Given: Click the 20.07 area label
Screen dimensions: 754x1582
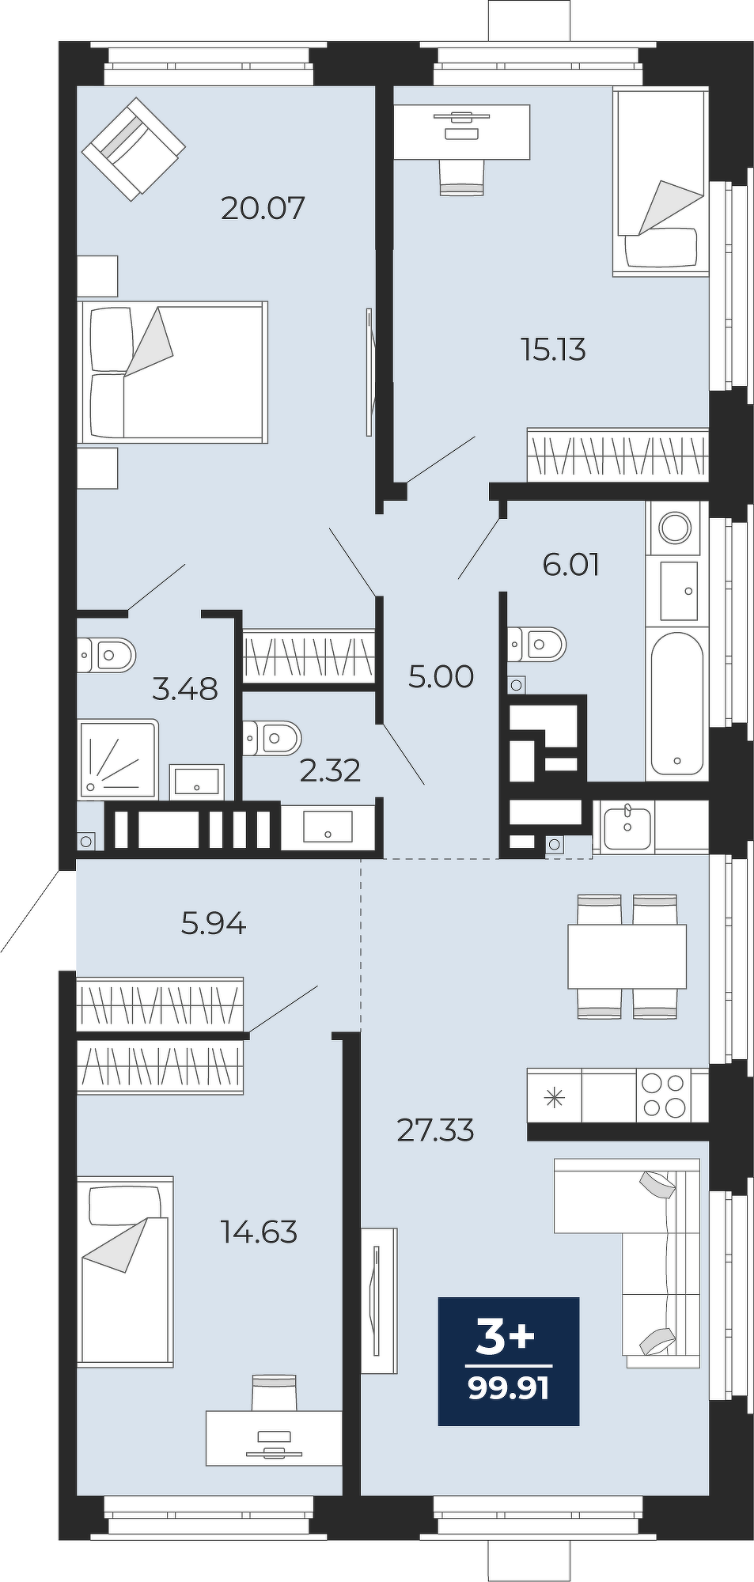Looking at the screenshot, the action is coord(263,208).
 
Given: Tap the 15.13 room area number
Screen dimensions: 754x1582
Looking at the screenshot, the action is coord(553,349).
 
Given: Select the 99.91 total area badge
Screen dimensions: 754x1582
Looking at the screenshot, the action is coord(509,1361).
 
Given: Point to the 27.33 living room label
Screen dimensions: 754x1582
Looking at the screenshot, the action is coord(435,1130).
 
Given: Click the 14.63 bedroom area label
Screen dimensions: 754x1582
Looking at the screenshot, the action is coord(259,1232).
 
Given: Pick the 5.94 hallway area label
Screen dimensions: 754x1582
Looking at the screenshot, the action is coord(214,923).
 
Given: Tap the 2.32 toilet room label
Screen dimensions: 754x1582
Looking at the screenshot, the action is coord(330,770).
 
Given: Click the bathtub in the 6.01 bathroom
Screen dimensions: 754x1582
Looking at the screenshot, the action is coord(676,704).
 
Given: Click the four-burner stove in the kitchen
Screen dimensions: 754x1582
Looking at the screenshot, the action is coord(664,1095).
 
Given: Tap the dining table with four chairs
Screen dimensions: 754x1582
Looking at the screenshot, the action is coord(627,956).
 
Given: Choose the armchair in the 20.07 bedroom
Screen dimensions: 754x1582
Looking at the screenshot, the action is coord(134,149).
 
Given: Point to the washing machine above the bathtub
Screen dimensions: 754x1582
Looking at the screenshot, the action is coord(674,528).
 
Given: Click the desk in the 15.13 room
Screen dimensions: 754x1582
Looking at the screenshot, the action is coord(462,132).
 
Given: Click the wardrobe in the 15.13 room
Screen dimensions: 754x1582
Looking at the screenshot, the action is coord(617,455).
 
